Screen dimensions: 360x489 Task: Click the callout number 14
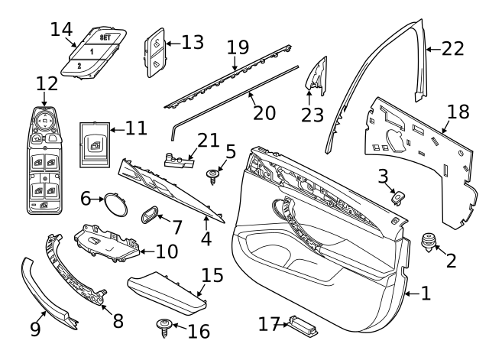point(61,29)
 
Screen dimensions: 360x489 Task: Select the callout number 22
point(453,49)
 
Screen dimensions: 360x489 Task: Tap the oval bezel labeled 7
point(150,213)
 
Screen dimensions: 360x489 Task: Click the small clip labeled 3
point(397,196)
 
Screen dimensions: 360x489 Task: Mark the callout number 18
point(458,112)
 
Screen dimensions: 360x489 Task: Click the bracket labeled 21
point(179,158)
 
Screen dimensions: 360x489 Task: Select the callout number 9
point(35,329)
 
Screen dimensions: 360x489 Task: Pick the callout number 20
point(264,112)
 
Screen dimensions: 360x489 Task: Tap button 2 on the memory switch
point(79,66)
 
